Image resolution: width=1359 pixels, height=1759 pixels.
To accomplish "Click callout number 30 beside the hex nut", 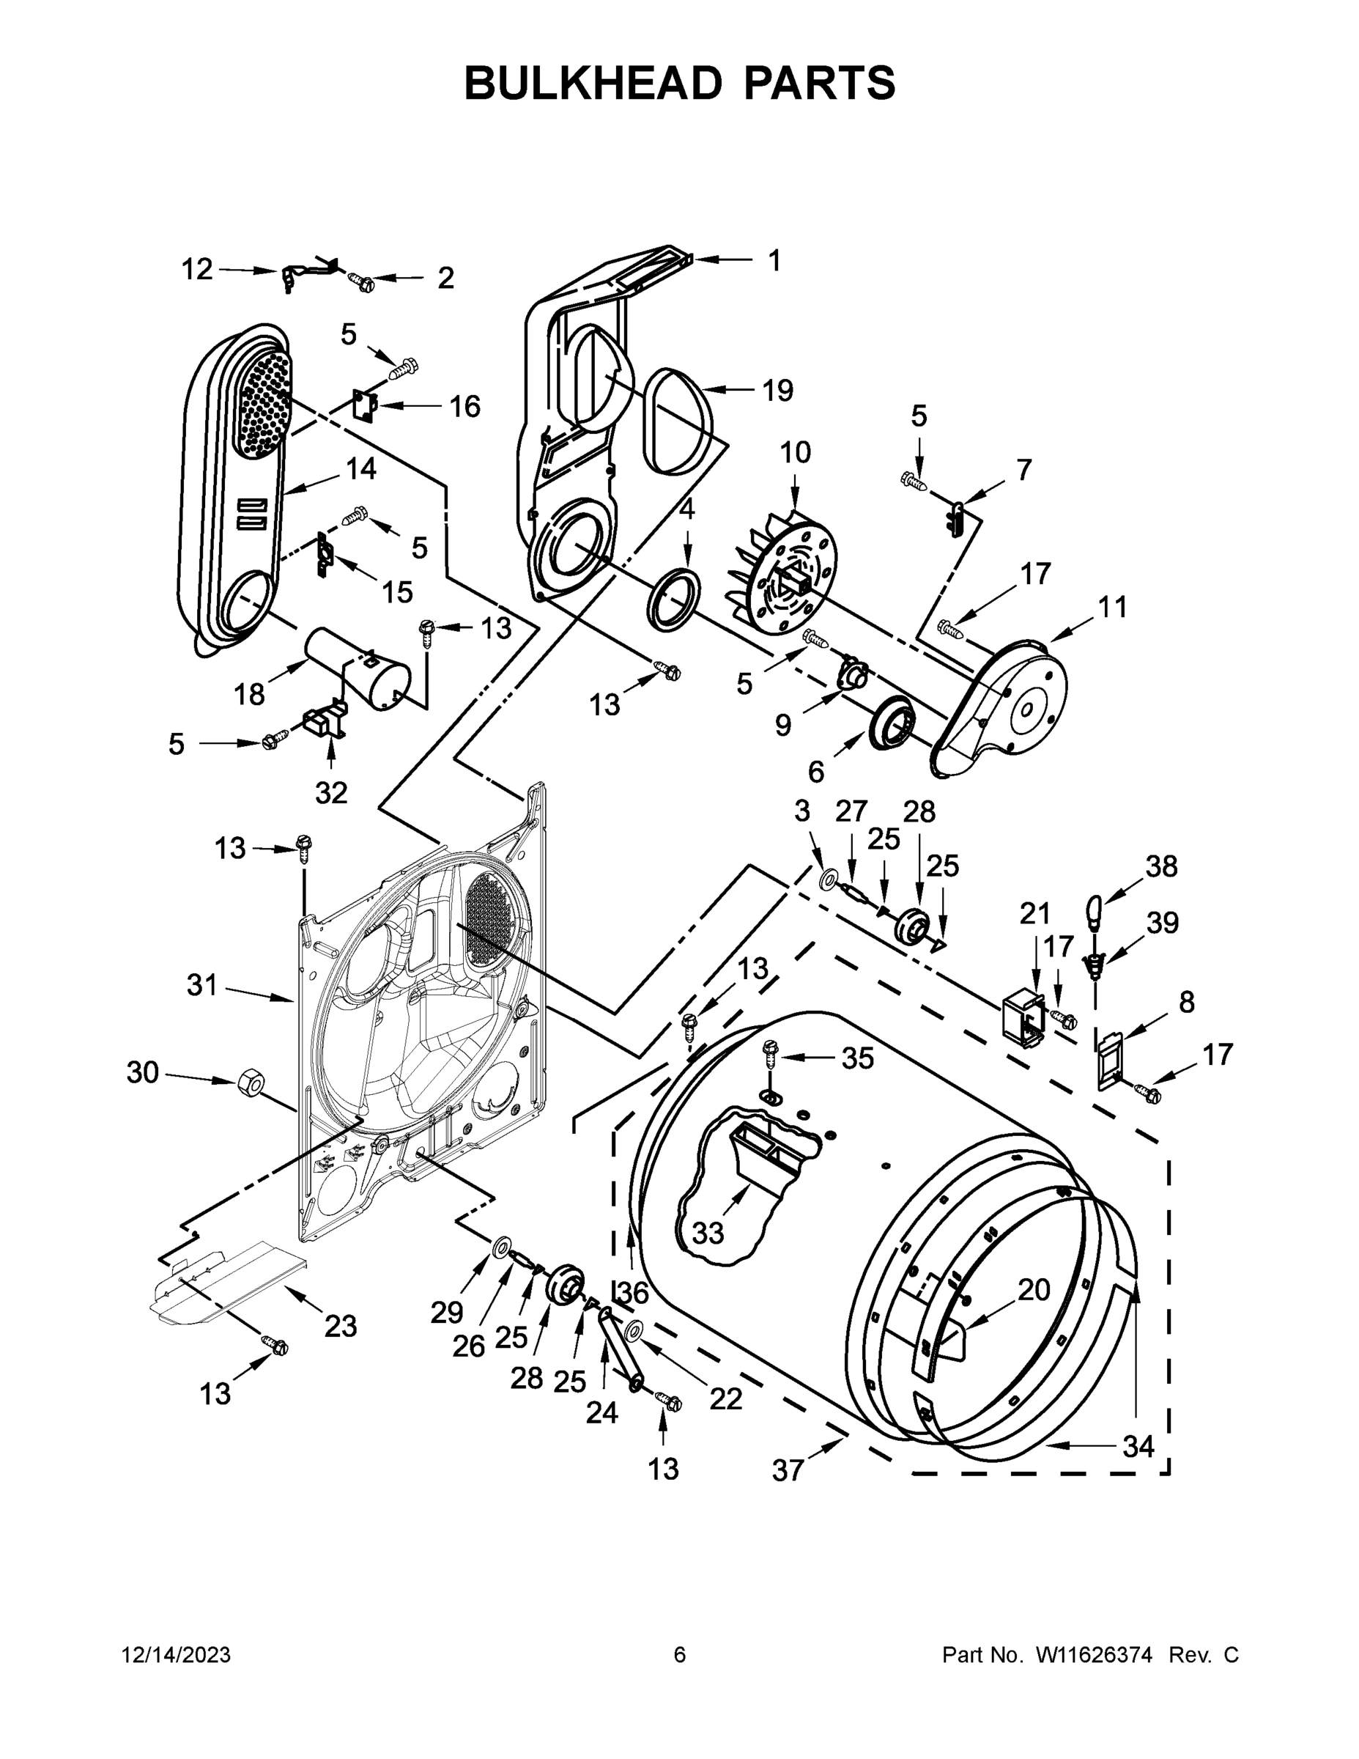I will click(x=143, y=1072).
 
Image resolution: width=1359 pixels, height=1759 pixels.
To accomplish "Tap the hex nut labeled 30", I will click(x=251, y=1085).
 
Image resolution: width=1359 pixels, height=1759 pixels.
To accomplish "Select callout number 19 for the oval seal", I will click(x=778, y=391).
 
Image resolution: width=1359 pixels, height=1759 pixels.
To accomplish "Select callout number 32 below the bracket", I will click(x=331, y=792).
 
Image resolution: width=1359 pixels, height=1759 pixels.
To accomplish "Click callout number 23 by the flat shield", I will click(x=341, y=1326).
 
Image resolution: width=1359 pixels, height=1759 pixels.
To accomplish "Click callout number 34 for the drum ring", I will click(x=1138, y=1447).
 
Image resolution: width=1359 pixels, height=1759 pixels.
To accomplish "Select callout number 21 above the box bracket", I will click(x=1035, y=913).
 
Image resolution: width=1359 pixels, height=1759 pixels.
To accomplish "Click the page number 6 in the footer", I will click(x=680, y=1654).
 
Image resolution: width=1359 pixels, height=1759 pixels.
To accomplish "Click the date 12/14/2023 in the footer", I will click(x=177, y=1654).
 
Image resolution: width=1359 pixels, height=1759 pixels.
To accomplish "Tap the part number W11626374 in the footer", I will click(x=1094, y=1654).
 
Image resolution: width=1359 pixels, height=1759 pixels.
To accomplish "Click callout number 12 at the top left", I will click(x=196, y=269).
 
